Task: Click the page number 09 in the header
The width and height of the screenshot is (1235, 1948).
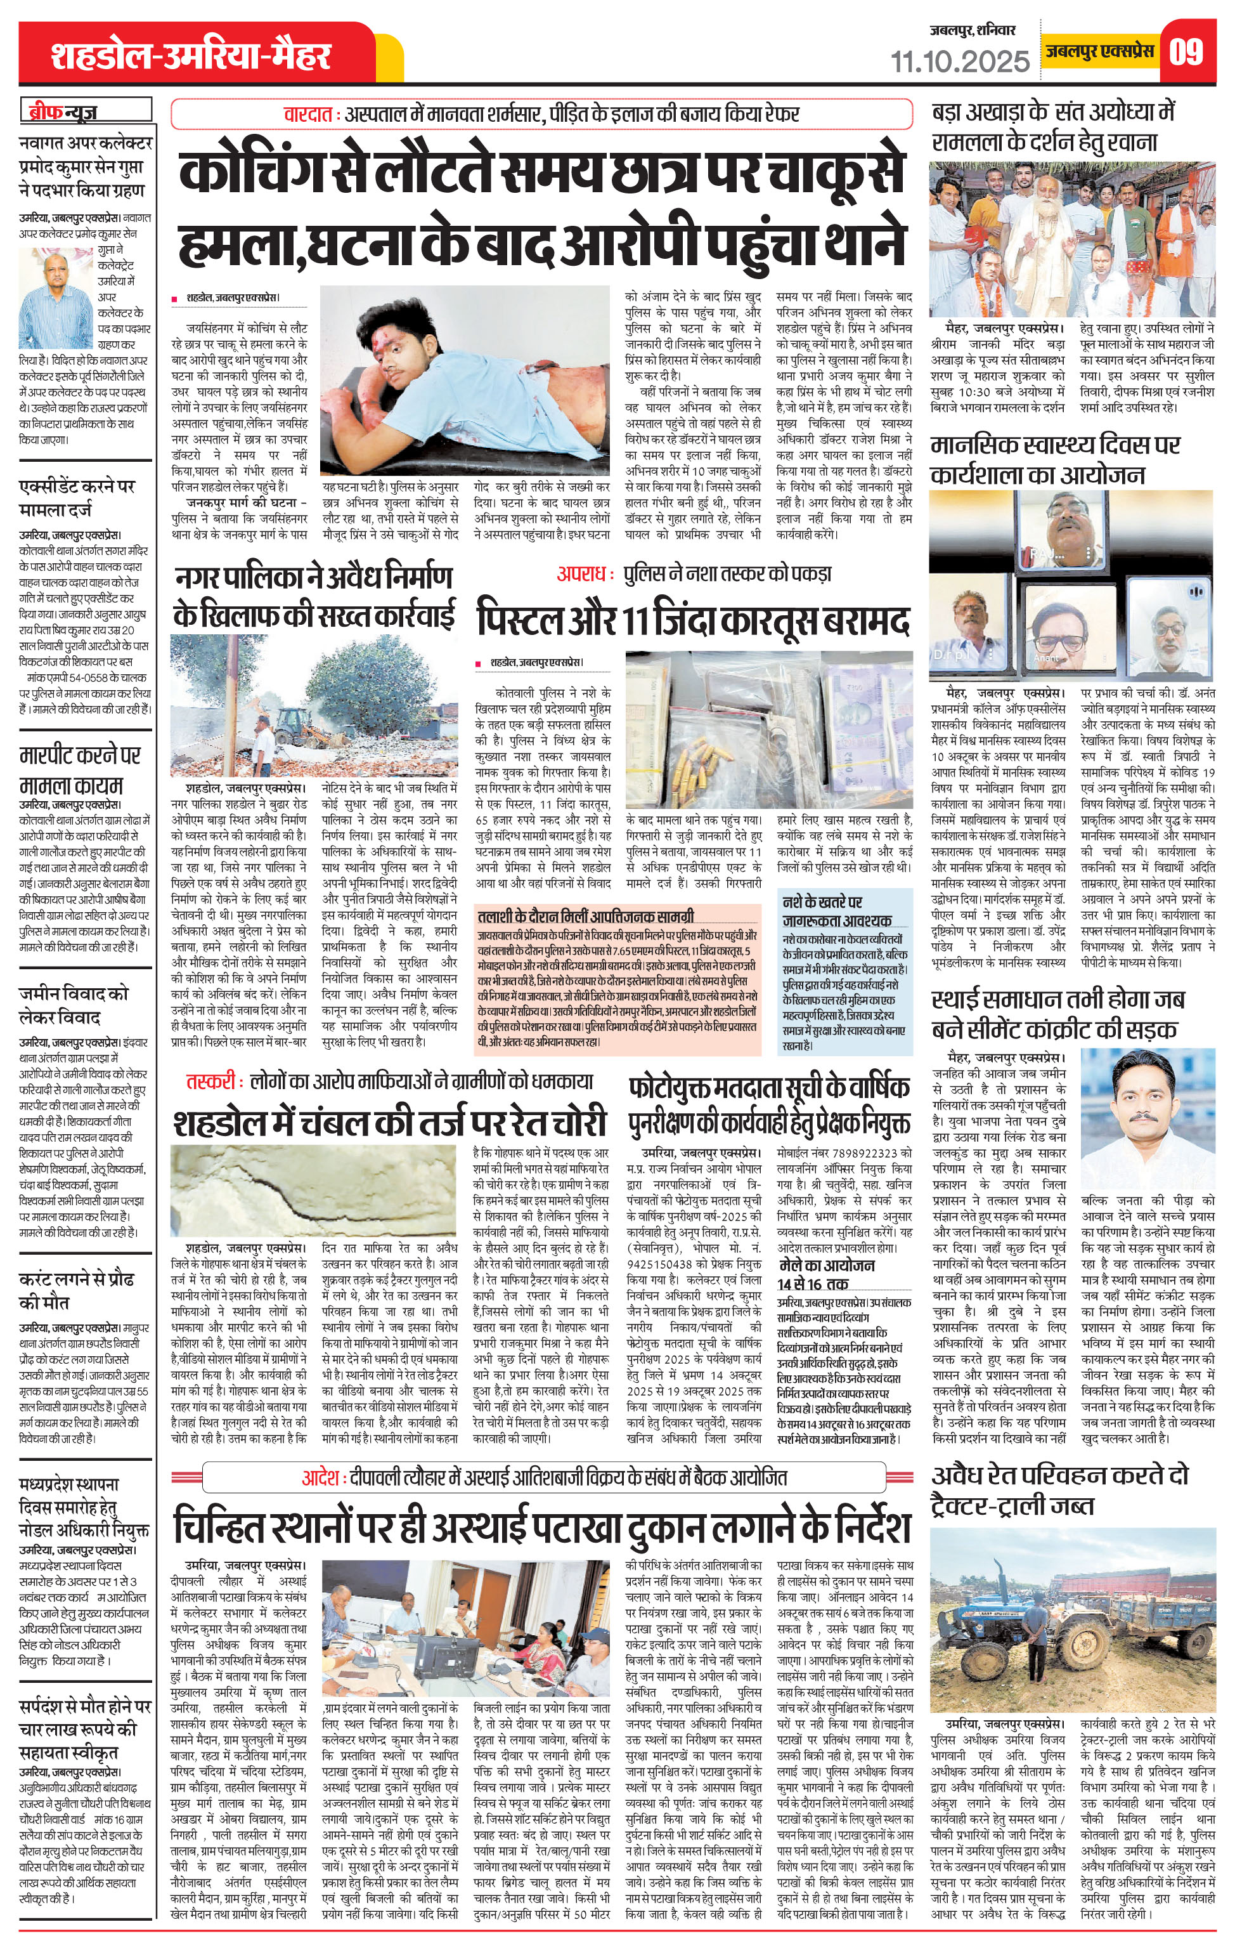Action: (x=1186, y=52)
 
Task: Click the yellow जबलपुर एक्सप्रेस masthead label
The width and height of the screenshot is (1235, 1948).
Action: (x=1097, y=51)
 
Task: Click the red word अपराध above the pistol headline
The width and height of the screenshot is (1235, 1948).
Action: (x=581, y=574)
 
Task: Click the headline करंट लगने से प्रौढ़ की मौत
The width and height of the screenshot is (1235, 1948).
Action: (x=76, y=1291)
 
